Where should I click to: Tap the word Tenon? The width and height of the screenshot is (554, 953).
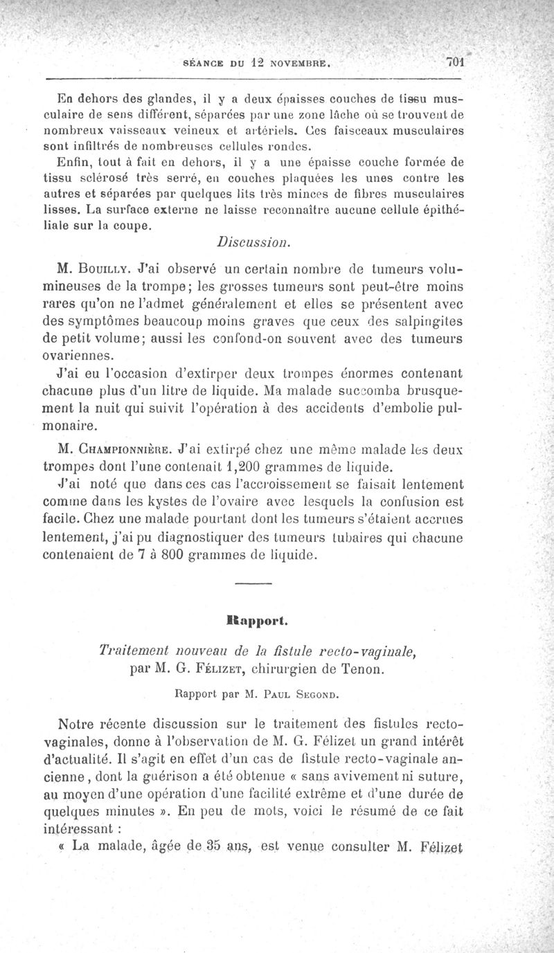point(367,671)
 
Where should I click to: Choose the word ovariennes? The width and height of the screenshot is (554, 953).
point(77,356)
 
